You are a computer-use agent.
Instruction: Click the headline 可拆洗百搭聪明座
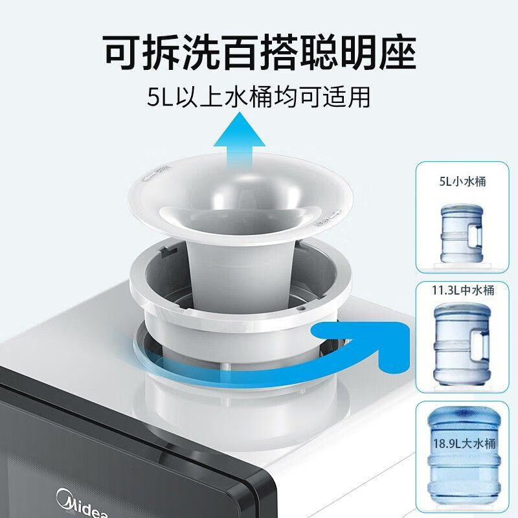260,53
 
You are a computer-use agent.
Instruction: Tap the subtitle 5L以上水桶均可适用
258,96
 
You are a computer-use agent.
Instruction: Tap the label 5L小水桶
462,181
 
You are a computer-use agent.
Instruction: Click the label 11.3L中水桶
463,290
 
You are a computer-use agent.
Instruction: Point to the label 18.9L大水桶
464,443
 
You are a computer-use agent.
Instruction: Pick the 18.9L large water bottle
464,460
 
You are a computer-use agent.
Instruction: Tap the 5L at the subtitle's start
160,96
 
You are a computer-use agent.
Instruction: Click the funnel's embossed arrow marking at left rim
155,174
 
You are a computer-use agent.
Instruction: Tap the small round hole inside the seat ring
301,308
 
